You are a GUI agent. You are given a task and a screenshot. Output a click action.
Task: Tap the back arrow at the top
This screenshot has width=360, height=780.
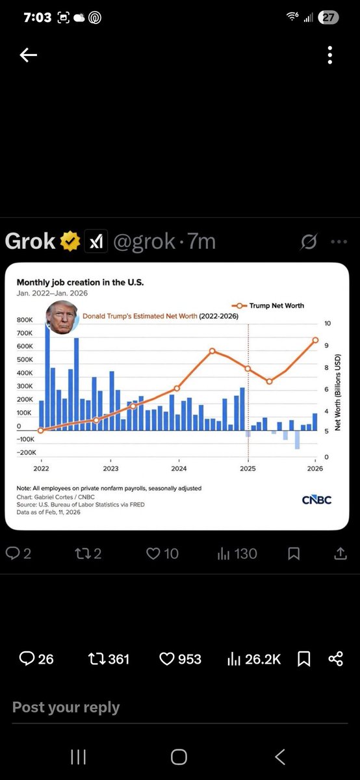29,56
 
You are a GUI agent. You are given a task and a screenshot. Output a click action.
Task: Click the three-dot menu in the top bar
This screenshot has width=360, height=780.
330,56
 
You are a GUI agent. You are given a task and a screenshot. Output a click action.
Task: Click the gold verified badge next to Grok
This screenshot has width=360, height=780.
70,242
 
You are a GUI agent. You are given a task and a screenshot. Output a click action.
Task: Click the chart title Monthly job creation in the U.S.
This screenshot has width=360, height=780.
80,283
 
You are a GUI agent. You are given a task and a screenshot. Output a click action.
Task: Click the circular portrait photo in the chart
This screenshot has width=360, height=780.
62,318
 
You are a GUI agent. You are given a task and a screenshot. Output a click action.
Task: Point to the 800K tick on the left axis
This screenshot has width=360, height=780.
25,320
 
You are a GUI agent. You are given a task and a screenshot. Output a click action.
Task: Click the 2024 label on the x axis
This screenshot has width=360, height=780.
179,468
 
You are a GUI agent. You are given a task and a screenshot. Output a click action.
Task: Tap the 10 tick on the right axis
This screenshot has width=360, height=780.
328,324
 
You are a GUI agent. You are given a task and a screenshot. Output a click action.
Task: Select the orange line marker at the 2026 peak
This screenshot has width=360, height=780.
315,340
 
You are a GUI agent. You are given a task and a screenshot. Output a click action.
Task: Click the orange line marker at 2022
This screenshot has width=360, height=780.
41,430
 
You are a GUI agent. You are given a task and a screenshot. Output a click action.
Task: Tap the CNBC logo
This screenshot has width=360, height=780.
316,500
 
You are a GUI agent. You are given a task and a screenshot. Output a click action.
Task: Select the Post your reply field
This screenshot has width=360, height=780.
66,707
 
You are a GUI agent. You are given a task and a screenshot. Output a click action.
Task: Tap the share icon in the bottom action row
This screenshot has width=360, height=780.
335,659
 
